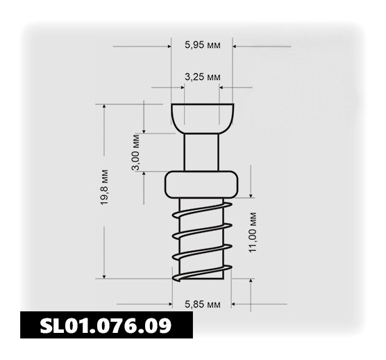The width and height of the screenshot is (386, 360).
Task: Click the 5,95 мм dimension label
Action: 203,45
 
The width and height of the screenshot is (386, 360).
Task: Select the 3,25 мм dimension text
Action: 203,77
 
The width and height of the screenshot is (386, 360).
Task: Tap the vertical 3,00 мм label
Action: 136,152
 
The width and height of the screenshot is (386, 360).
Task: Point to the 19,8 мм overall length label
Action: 104,187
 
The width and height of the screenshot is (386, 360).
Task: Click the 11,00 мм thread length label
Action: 253,232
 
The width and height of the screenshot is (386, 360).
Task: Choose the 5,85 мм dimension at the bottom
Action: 203,305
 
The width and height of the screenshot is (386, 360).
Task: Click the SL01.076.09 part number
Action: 106,325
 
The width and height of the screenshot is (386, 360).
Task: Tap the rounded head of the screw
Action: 202,119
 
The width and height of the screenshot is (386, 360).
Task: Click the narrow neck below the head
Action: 201,152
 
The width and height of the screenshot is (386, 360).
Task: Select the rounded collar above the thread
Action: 201,184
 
